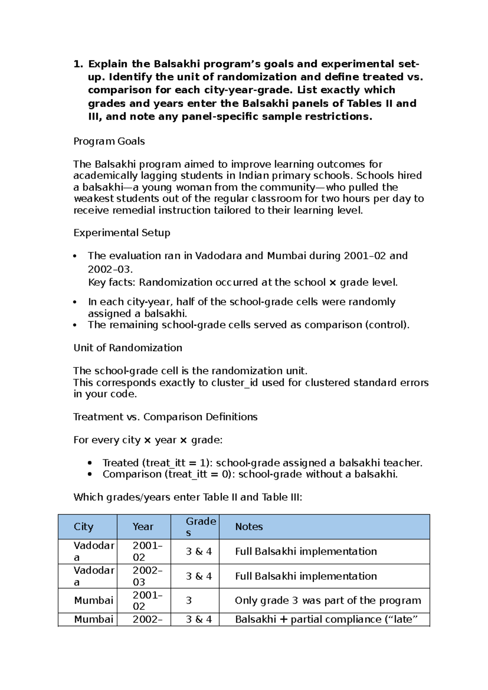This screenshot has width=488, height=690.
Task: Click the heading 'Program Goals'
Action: (x=109, y=141)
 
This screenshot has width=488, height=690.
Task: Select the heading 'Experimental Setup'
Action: (x=122, y=233)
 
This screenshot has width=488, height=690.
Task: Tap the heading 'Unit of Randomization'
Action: (x=128, y=348)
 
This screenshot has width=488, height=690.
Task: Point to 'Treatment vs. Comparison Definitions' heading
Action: (x=165, y=417)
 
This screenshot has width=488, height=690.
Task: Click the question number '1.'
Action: (x=78, y=64)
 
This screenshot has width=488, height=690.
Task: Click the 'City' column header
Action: (x=83, y=527)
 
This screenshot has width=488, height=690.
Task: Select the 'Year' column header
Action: (x=143, y=527)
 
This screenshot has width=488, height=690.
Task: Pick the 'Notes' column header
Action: (x=249, y=527)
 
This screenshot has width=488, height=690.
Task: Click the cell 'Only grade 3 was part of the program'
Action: (x=328, y=601)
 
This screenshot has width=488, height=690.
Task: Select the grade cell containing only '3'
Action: (x=189, y=601)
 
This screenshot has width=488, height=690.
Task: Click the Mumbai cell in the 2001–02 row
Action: (x=94, y=601)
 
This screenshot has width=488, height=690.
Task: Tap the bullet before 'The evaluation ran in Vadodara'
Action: (x=75, y=256)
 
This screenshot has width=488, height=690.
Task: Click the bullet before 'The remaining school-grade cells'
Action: (x=75, y=325)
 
